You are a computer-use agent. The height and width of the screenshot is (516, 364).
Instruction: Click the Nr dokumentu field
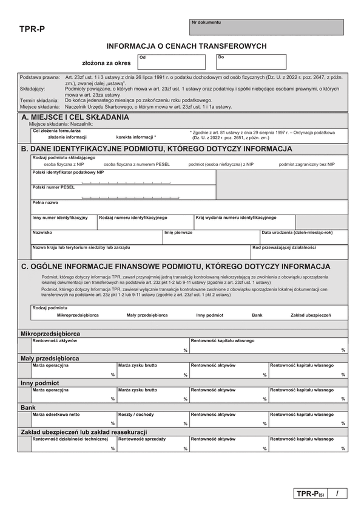[x=266, y=27]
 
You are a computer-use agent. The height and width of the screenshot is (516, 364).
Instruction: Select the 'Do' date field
[x=251, y=62]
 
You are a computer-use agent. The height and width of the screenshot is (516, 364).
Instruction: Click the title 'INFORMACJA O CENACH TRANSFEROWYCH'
[x=186, y=46]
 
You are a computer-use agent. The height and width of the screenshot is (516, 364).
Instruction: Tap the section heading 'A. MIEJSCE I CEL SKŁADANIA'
[x=75, y=117]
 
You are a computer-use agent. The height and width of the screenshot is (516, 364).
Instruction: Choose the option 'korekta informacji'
[x=136, y=137]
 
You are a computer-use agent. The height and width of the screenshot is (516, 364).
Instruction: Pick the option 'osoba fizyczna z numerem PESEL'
[x=136, y=164]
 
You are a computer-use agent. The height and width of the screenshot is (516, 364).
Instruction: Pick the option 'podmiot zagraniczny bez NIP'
[x=306, y=164]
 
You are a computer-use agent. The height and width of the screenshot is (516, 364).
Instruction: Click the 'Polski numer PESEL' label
[x=53, y=187]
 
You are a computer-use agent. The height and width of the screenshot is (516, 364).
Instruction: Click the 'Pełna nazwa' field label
[x=45, y=202]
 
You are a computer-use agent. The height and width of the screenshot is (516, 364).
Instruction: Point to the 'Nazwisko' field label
[x=42, y=232]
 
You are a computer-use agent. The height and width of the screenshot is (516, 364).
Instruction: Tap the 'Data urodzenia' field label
[x=297, y=232]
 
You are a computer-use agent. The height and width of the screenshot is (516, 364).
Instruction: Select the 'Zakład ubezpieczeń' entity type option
[x=311, y=315]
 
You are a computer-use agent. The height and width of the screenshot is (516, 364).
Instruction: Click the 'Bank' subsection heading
[x=28, y=407]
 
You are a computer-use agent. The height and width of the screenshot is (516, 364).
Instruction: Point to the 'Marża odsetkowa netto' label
[x=56, y=414]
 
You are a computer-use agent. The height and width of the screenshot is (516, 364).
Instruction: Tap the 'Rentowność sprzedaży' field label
[x=141, y=438]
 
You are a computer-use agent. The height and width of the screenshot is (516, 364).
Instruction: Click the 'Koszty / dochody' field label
[x=136, y=414]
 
